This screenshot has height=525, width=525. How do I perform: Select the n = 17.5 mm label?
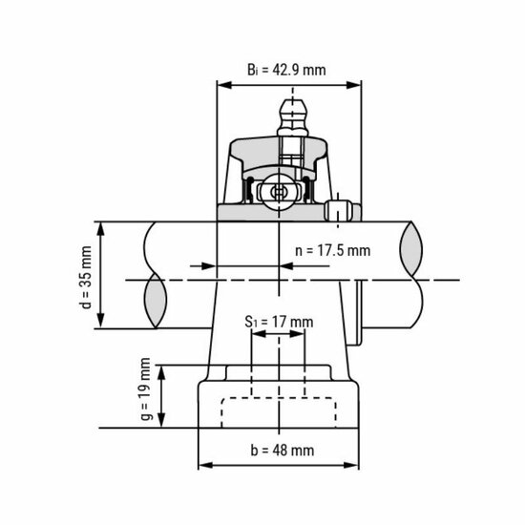coord(331,250)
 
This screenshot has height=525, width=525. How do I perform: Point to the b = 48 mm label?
coord(283,450)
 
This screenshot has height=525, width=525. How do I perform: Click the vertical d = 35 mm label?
coord(86,277)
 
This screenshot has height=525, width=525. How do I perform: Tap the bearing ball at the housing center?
coord(278,191)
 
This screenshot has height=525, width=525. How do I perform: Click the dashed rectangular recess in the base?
coord(278,410)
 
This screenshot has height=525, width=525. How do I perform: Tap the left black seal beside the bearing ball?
coord(252,190)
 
